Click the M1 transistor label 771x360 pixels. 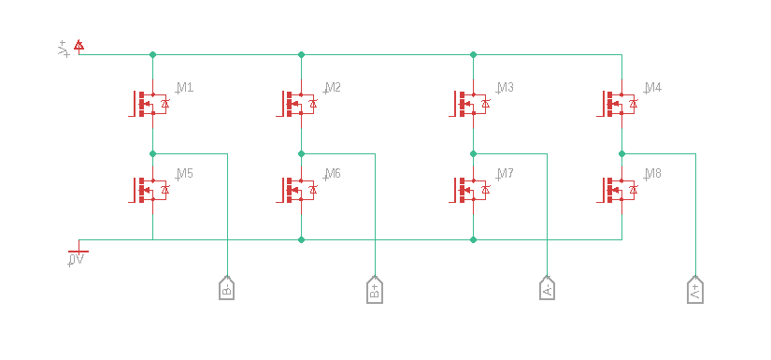pyautogui.click(x=185, y=88)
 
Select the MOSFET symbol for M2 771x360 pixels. pyautogui.click(x=296, y=103)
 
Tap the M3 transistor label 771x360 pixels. pyautogui.click(x=505, y=88)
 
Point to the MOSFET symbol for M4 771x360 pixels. pyautogui.click(x=617, y=103)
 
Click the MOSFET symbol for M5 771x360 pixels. pyautogui.click(x=149, y=189)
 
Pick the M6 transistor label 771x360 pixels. pyautogui.click(x=333, y=174)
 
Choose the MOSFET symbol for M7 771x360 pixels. pyautogui.click(x=469, y=189)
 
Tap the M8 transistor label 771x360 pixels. pyautogui.click(x=653, y=174)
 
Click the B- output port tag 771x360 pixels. pyautogui.click(x=227, y=288)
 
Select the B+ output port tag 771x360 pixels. pyautogui.click(x=375, y=290)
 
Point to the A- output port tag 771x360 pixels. pyautogui.click(x=548, y=288)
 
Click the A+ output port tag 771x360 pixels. pyautogui.click(x=695, y=290)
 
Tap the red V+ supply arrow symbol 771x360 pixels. pyautogui.click(x=79, y=45)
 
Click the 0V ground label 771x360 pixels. pyautogui.click(x=77, y=259)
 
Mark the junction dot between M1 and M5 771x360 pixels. pyautogui.click(x=152, y=154)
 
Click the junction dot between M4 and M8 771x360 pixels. pyautogui.click(x=621, y=154)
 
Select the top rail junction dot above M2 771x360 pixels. pyautogui.click(x=302, y=54)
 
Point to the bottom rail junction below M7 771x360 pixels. pyautogui.click(x=473, y=240)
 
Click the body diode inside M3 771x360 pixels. pyautogui.click(x=486, y=104)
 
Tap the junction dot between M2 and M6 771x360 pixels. pyautogui.click(x=302, y=154)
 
